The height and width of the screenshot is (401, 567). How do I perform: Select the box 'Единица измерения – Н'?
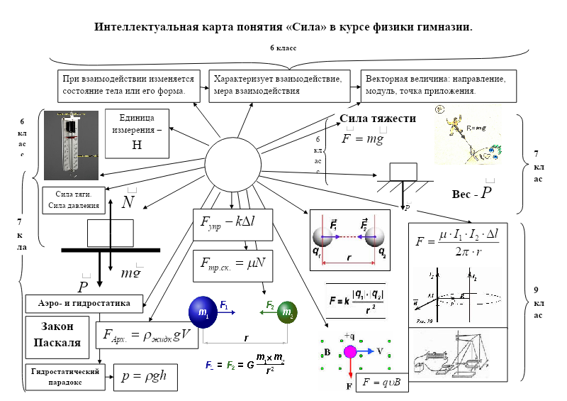pyautogui.click(x=137, y=133)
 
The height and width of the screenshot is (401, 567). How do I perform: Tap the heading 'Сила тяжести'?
pyautogui.click(x=378, y=119)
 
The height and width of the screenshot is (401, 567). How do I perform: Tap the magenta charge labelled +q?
pyautogui.click(x=350, y=351)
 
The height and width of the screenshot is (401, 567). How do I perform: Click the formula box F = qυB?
pyautogui.click(x=382, y=383)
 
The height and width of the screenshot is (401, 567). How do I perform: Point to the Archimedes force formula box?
pyautogui.click(x=147, y=335)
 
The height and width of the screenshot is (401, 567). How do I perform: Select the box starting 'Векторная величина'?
pyautogui.click(x=434, y=85)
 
